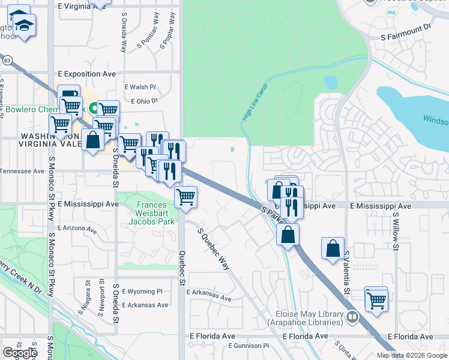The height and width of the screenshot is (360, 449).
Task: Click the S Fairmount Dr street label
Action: [406, 37]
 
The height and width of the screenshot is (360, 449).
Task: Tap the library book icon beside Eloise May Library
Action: [352, 317]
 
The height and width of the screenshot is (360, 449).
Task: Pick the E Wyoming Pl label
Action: [142, 292]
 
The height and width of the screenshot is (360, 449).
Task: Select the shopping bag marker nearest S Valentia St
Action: [333, 248]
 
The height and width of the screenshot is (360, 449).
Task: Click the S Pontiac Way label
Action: [149, 38]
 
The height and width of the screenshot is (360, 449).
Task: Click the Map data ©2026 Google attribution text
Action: [412, 355]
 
